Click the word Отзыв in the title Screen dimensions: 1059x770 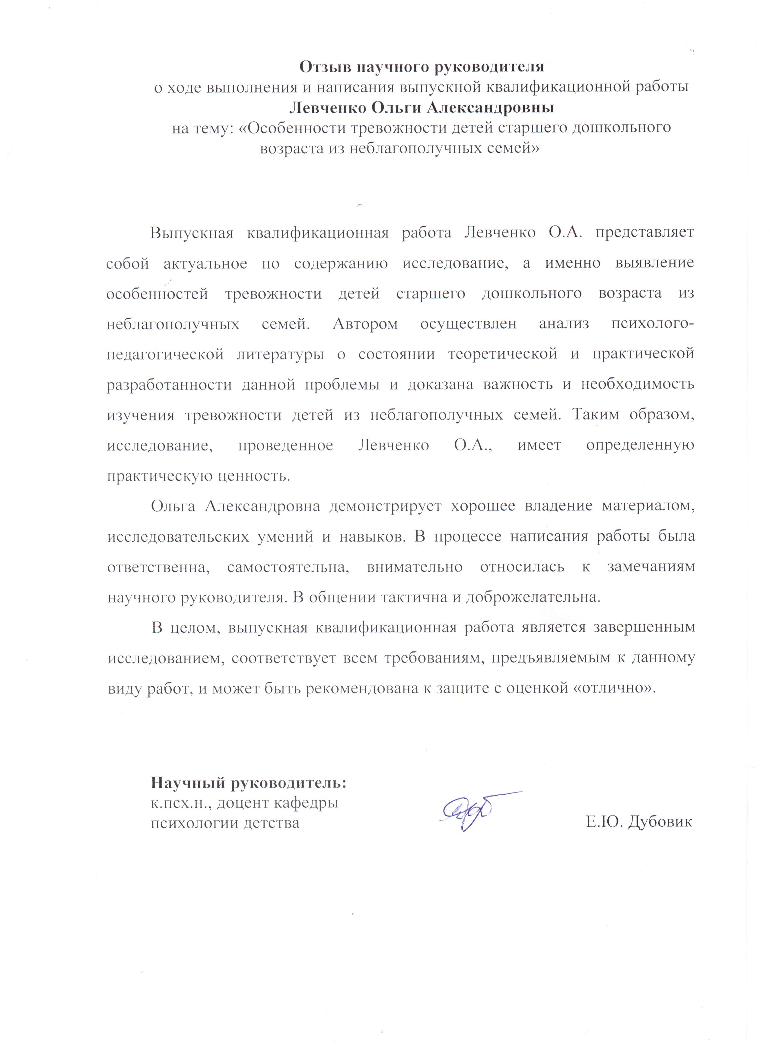(x=326, y=67)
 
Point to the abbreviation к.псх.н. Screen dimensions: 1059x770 (x=179, y=803)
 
